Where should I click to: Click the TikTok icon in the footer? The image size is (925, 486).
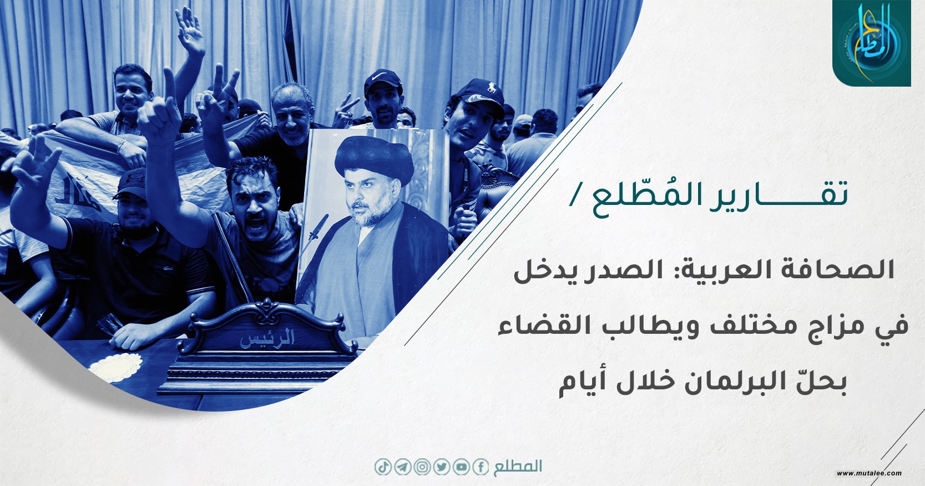pyautogui.click(x=383, y=468)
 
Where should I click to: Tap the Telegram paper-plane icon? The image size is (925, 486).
pyautogui.click(x=403, y=468)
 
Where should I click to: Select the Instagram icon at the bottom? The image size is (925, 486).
pyautogui.click(x=422, y=468)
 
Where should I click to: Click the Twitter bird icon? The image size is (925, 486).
pyautogui.click(x=442, y=468)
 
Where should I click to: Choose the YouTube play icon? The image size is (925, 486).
pyautogui.click(x=461, y=468)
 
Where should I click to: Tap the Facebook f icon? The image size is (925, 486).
pyautogui.click(x=481, y=468)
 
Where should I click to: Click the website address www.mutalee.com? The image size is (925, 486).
pyautogui.click(x=870, y=473)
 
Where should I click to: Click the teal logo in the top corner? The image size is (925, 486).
pyautogui.click(x=871, y=43)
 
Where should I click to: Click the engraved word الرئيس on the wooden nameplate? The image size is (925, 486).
pyautogui.click(x=267, y=338)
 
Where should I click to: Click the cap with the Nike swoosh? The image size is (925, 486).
pyautogui.click(x=383, y=81)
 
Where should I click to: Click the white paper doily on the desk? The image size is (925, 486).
pyautogui.click(x=116, y=366)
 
